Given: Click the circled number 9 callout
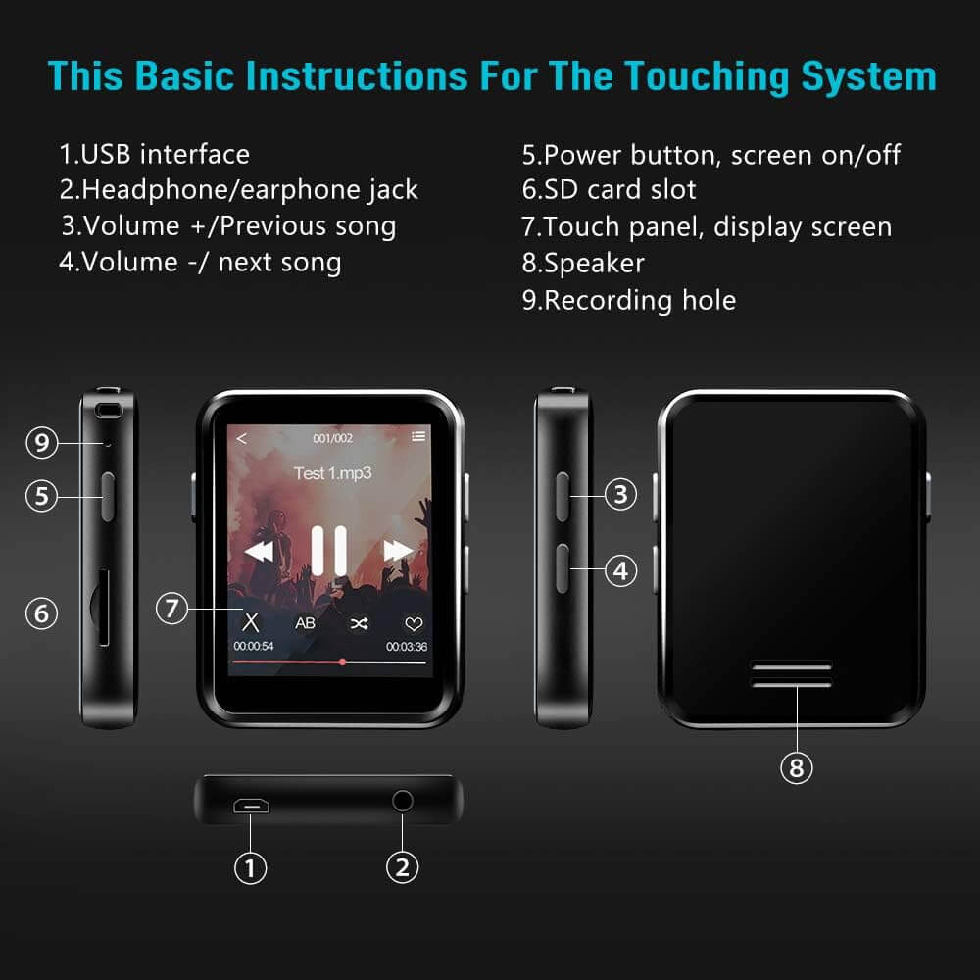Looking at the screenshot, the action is [42, 443].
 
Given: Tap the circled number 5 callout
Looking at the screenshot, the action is [42, 496].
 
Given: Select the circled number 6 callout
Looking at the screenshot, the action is [42, 613].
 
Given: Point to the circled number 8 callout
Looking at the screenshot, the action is [797, 767].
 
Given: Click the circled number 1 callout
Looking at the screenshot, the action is [250, 867].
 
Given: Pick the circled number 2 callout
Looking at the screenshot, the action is [402, 867].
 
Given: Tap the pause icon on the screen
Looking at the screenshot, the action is [329, 551].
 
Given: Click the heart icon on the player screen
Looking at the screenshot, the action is [414, 623].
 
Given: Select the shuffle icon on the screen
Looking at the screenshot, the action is [360, 623].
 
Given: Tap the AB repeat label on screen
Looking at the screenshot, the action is [305, 623].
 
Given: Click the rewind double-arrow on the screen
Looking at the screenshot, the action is [259, 551].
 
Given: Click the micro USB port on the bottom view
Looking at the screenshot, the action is [251, 806].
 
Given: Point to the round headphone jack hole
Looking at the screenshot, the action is [403, 801].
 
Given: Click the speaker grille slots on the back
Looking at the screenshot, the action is [792, 674].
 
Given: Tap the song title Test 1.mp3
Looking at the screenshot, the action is [332, 473].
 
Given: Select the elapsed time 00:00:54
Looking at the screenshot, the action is [254, 646].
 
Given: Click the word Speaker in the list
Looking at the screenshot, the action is [594, 263].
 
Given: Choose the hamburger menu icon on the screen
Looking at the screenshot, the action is [418, 436].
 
